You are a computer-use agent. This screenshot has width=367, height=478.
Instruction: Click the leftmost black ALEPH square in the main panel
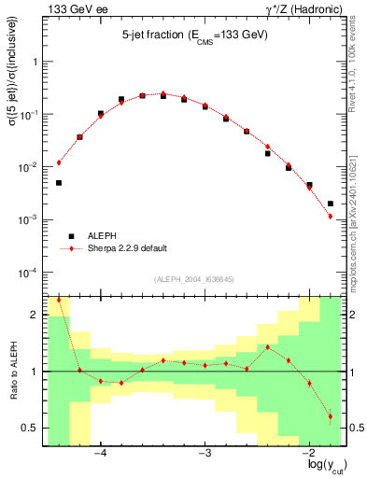[x=59, y=183]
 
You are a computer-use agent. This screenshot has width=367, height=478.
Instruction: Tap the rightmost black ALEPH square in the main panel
[x=331, y=204]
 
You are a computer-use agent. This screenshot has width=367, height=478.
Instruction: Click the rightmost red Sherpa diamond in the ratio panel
[x=331, y=416]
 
